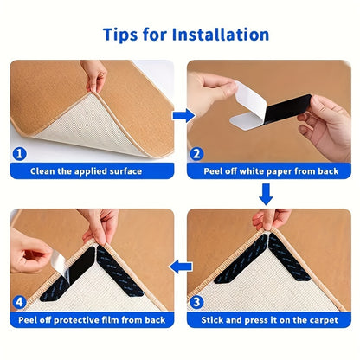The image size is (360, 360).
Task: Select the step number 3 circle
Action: (x=197, y=303)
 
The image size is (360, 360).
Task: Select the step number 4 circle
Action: (x=19, y=303)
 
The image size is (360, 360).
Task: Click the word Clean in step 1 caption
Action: (x=44, y=171)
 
